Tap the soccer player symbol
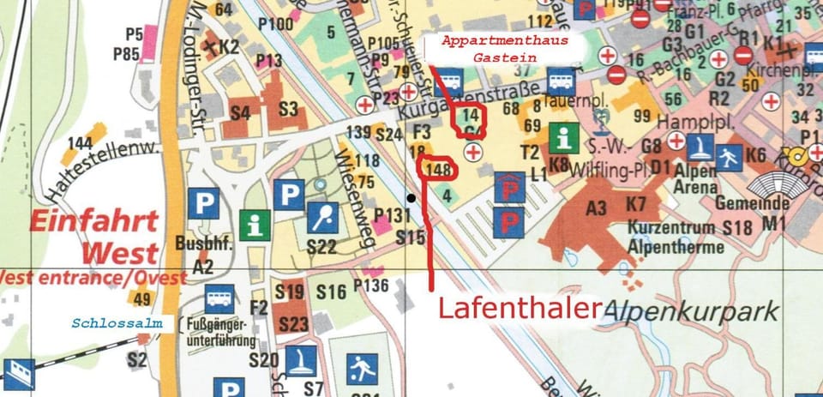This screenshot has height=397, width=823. point(359,371)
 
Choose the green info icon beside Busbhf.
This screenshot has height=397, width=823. point(255,225)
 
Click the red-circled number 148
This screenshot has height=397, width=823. point(438,168)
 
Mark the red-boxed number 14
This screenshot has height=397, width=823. point(470,117)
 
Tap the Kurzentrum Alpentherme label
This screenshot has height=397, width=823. point(671,236)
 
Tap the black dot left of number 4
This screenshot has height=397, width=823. point(412,199)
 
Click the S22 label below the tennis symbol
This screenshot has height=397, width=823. point(321,247)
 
